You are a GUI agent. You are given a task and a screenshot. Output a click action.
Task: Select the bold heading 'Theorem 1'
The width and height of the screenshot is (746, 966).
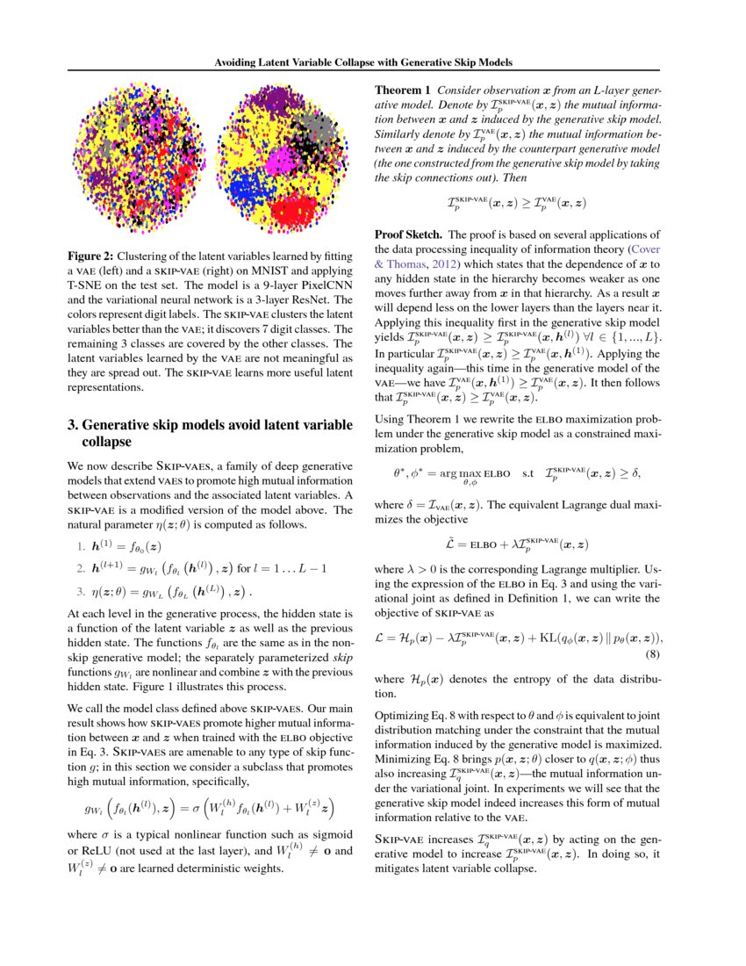(403, 90)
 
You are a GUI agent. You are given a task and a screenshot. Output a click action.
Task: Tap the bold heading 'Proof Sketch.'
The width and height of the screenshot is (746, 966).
(409, 235)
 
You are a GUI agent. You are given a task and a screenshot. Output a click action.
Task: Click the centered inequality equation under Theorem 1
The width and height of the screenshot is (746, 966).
(516, 204)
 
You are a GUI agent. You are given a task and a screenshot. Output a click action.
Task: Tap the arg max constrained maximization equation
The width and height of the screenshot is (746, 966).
(516, 475)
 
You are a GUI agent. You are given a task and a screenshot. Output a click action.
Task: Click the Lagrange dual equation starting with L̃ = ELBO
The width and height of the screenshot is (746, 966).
(516, 545)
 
